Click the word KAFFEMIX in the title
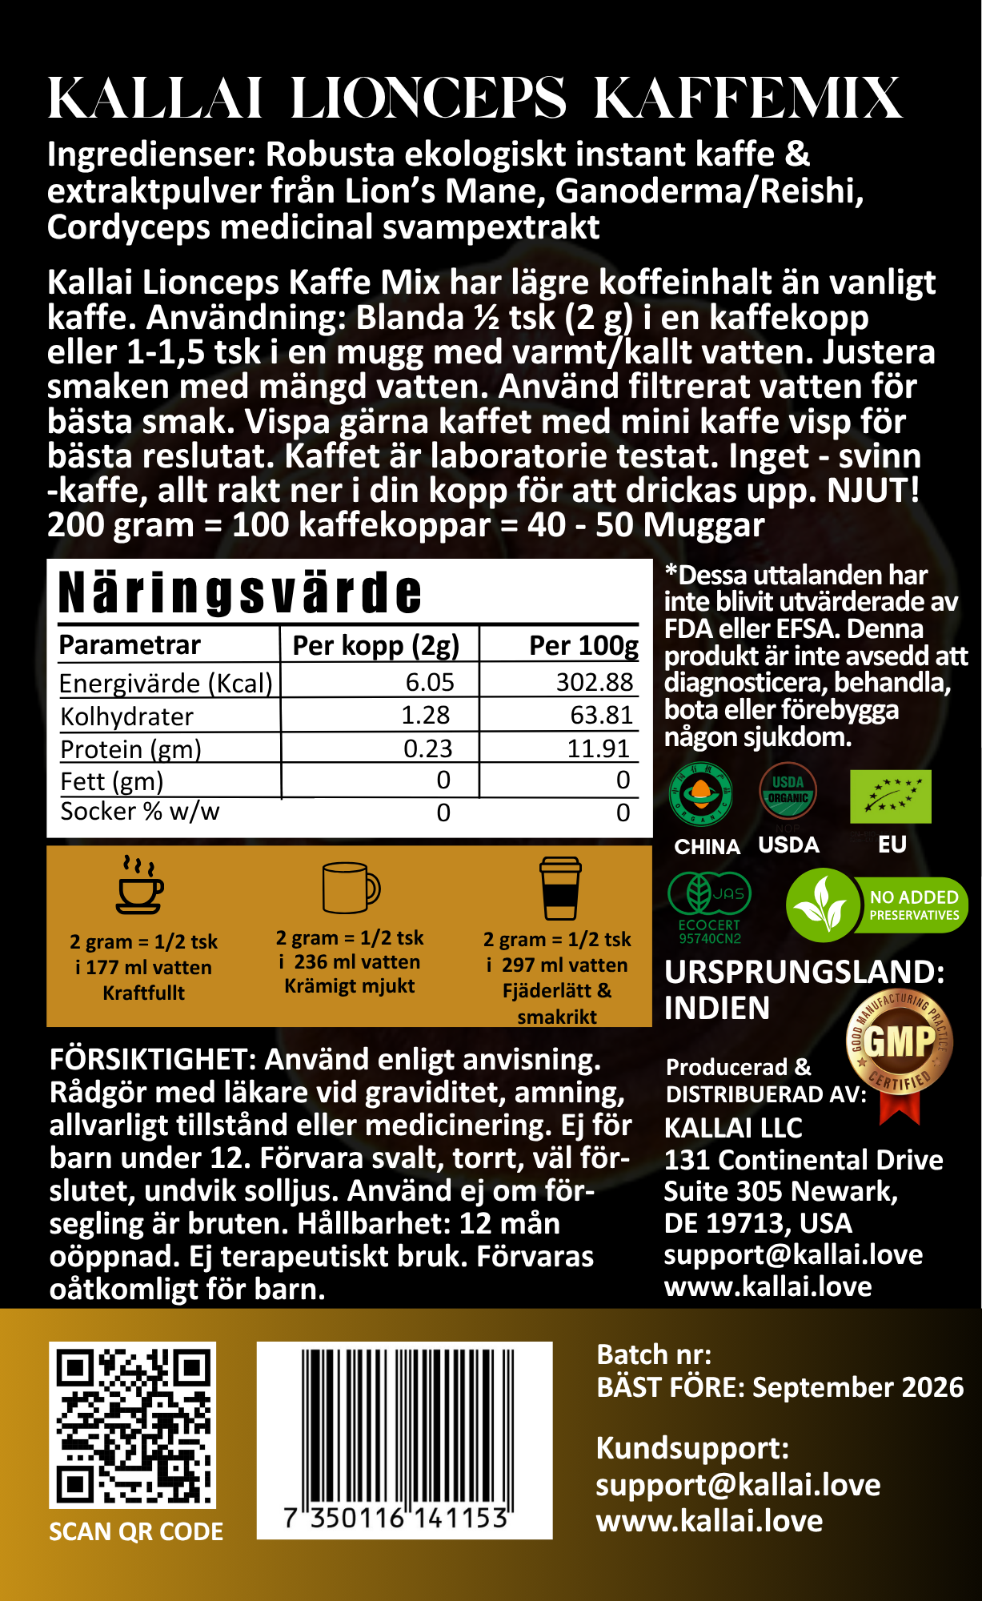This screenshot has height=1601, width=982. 748,98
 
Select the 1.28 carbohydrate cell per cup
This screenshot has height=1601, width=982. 425,715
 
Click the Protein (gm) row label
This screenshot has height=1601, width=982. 130,749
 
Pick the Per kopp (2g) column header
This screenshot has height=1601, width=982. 375,645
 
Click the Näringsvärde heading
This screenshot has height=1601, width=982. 240,593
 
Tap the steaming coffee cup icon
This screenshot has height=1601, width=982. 140,885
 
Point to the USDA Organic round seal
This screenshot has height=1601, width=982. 788,792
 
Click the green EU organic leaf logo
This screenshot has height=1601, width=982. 890,796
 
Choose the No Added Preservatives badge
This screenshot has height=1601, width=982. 876,905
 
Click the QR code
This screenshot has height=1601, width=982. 133,1424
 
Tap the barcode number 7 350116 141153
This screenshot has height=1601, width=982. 397,1519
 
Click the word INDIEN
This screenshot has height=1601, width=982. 716,1008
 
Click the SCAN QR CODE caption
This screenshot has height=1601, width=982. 136,1531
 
